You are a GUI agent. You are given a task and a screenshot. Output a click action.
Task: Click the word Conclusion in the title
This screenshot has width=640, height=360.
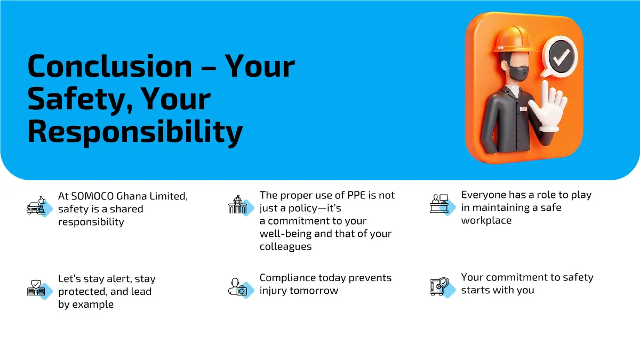(110, 66)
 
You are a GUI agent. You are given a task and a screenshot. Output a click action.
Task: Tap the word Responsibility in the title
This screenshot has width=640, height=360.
(135, 132)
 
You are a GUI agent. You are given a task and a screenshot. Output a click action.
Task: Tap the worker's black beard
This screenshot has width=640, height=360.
(518, 74)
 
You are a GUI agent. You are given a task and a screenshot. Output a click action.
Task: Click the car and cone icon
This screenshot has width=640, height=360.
(36, 205)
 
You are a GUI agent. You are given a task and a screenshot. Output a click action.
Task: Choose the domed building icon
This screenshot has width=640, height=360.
(237, 204)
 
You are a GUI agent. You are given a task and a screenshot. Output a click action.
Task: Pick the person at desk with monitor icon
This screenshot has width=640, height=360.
(439, 203)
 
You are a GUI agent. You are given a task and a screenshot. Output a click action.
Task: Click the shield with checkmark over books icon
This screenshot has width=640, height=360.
(36, 287)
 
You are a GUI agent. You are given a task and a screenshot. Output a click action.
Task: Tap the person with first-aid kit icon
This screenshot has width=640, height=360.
(238, 287)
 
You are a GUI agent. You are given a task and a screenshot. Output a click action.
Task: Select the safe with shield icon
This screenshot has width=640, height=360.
(439, 286)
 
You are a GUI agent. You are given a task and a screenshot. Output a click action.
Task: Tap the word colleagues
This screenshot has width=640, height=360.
(286, 247)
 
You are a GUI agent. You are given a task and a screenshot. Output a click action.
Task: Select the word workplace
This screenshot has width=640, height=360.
(486, 221)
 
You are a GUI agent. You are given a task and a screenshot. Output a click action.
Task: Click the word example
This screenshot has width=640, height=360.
(93, 305)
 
